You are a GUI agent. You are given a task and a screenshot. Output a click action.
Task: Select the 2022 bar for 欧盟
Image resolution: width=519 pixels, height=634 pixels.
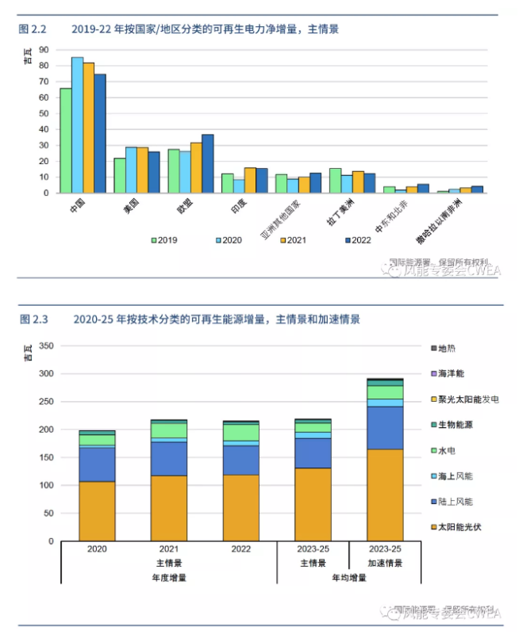(207, 163)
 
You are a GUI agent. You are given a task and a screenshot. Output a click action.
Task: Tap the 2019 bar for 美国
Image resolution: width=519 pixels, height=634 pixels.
(120, 175)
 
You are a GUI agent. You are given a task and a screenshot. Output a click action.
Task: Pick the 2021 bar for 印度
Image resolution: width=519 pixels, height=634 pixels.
(250, 180)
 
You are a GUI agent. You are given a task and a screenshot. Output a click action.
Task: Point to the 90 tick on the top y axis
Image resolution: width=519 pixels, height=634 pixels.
(44, 50)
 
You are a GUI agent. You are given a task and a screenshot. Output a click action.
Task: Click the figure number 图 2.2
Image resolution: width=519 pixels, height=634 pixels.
(33, 29)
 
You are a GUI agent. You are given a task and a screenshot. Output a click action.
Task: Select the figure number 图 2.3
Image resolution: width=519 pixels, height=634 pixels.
(33, 320)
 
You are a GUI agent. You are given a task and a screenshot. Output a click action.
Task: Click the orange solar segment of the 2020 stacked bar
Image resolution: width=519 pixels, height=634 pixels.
(97, 511)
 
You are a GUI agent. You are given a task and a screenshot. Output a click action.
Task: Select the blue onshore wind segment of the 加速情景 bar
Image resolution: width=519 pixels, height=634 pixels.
(385, 428)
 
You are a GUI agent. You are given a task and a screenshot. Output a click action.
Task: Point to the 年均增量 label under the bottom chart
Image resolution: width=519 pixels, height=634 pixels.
(349, 578)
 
